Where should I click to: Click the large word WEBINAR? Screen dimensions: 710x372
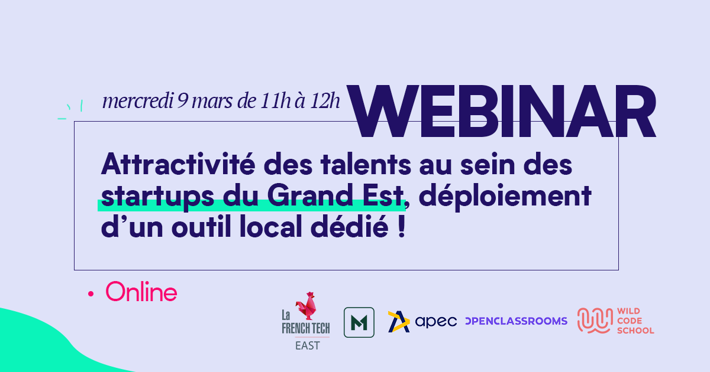click(x=501, y=111)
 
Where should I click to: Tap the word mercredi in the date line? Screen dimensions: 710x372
click(x=138, y=101)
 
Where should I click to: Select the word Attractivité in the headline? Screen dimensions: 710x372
click(x=178, y=164)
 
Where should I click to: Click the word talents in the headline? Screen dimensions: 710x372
click(x=366, y=164)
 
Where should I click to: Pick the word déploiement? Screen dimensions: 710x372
click(x=505, y=196)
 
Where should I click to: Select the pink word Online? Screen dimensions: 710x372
click(x=141, y=292)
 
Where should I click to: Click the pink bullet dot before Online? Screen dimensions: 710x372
click(x=91, y=294)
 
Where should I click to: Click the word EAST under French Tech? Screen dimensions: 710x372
click(x=308, y=346)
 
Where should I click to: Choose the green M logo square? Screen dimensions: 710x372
click(x=359, y=322)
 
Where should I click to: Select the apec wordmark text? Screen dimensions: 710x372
click(x=436, y=322)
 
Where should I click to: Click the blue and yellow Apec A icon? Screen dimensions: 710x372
click(x=399, y=322)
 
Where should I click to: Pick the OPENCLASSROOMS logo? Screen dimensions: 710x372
click(x=517, y=321)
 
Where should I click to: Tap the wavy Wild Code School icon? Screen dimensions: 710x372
click(x=595, y=321)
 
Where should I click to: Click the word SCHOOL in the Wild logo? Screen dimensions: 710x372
click(x=635, y=331)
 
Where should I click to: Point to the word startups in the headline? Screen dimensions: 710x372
click(x=157, y=197)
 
